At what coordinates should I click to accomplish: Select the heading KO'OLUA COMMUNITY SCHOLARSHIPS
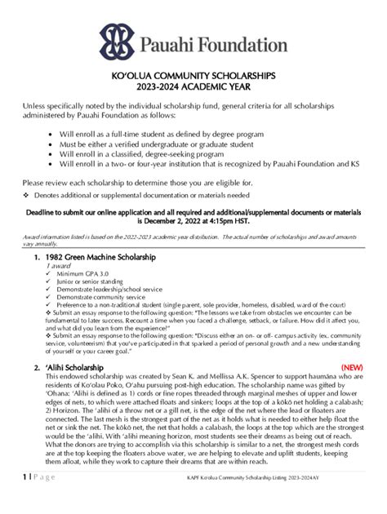193,75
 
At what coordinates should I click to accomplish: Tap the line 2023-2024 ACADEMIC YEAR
193,86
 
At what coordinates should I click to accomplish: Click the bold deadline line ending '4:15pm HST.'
193,220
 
